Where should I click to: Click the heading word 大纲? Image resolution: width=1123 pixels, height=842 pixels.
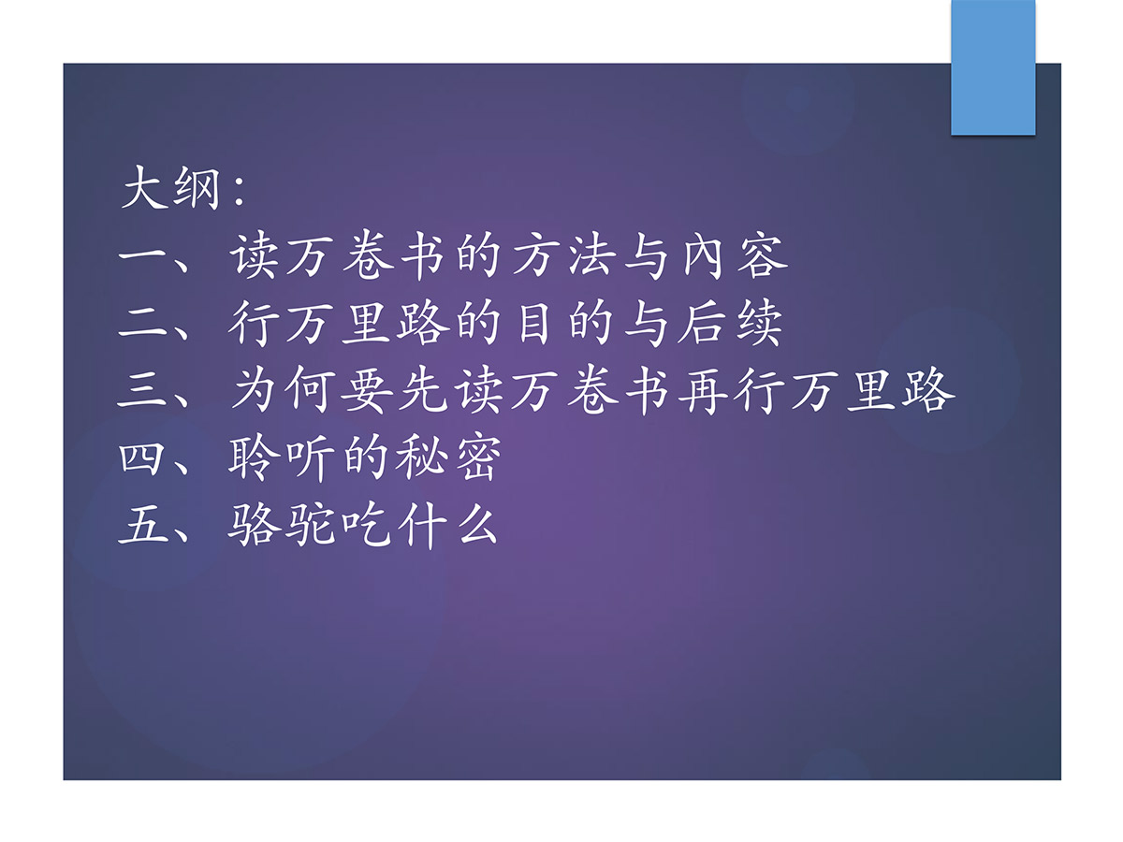pyautogui.click(x=171, y=187)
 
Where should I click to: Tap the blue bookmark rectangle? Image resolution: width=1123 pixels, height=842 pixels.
pyautogui.click(x=993, y=67)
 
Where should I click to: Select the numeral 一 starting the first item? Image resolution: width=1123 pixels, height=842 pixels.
pyautogui.click(x=143, y=255)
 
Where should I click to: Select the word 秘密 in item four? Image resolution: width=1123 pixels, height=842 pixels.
pyautogui.click(x=448, y=458)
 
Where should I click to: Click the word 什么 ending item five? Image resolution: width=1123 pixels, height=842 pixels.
pyautogui.click(x=447, y=526)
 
